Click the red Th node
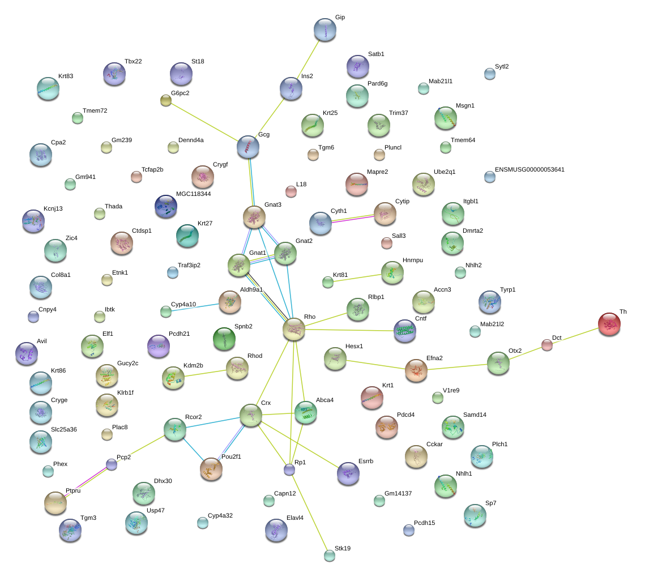click(x=609, y=324)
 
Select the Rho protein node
click(x=294, y=329)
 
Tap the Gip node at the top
click(x=325, y=29)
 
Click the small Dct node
click(x=546, y=344)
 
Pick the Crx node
click(x=250, y=415)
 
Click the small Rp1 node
click(x=289, y=469)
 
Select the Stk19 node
click(x=330, y=555)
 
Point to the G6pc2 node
click(x=166, y=100)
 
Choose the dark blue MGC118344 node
click(x=165, y=206)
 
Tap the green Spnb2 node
click(x=224, y=338)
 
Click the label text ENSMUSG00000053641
click(x=530, y=169)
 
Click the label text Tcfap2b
click(x=152, y=169)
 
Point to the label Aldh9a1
click(x=251, y=289)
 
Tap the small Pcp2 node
click(x=112, y=464)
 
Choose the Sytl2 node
click(x=490, y=73)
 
